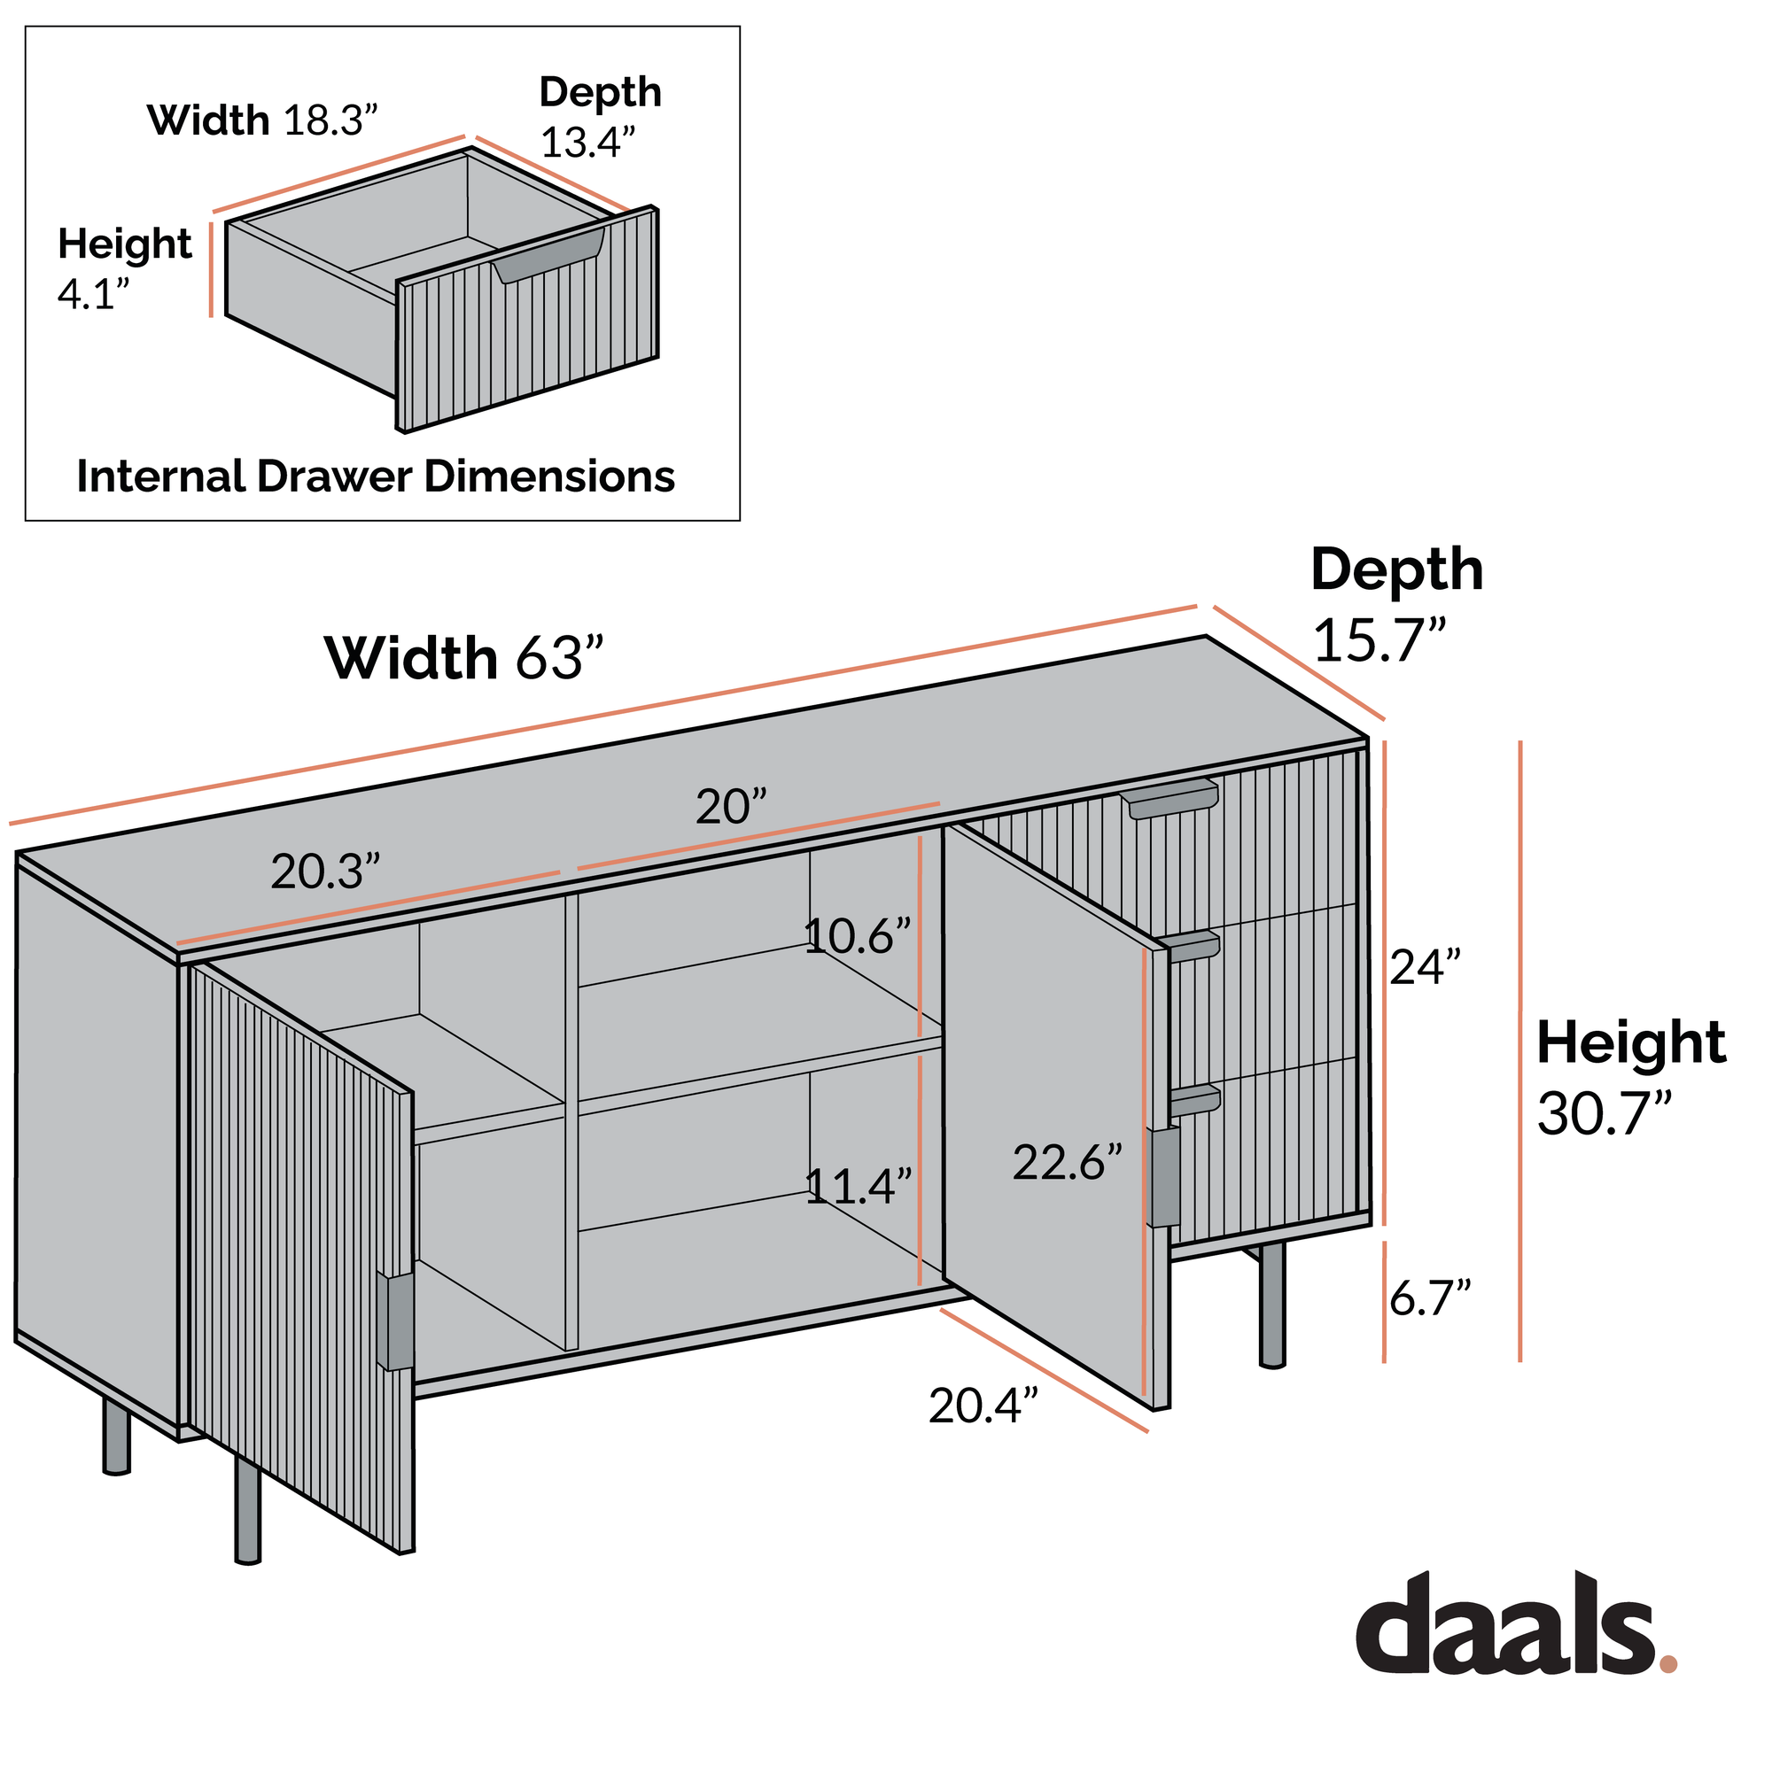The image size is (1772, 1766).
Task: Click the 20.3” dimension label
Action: click(324, 872)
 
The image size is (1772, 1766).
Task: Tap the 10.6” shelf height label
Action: click(857, 936)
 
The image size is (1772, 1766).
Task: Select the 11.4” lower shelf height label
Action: click(859, 1187)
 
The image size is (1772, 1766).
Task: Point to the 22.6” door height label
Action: click(1068, 1163)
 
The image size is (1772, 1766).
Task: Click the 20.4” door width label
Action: click(983, 1406)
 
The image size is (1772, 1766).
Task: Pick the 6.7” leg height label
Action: click(1430, 1298)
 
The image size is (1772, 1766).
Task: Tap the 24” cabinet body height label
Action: click(1425, 966)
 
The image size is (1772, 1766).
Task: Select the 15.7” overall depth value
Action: click(1380, 639)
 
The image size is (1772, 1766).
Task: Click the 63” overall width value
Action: click(559, 656)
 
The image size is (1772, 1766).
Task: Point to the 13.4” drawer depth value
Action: click(588, 141)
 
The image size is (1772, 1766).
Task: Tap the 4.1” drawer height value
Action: click(94, 293)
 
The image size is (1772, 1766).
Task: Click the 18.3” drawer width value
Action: click(330, 120)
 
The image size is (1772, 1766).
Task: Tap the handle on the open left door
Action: click(395, 1321)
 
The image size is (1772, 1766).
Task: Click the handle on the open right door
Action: click(1163, 1176)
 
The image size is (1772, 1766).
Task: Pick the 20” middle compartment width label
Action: click(730, 807)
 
